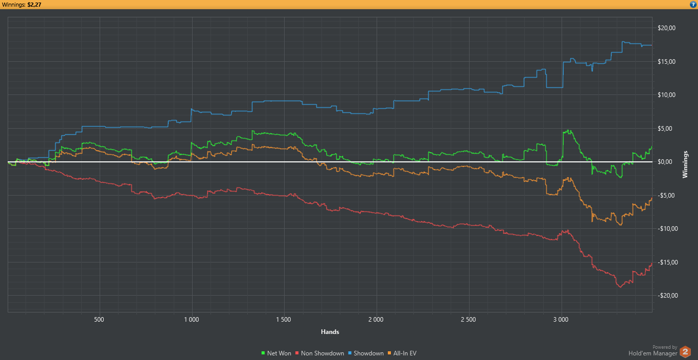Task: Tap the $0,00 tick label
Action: coord(666,162)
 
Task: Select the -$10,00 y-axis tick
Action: coord(665,229)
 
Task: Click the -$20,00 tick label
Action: coord(665,296)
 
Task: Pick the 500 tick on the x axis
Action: coord(99,320)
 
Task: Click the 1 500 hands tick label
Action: coord(284,320)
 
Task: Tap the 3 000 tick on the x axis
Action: coord(561,320)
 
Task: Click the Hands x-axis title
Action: coord(330,332)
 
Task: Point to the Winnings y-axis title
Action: coord(686,164)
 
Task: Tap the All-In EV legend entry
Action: coord(404,353)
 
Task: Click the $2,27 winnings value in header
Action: coord(34,5)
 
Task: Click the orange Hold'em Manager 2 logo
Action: coord(685,352)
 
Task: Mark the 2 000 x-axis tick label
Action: coord(376,320)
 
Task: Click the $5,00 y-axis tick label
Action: coord(666,129)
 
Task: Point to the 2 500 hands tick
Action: coord(468,320)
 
